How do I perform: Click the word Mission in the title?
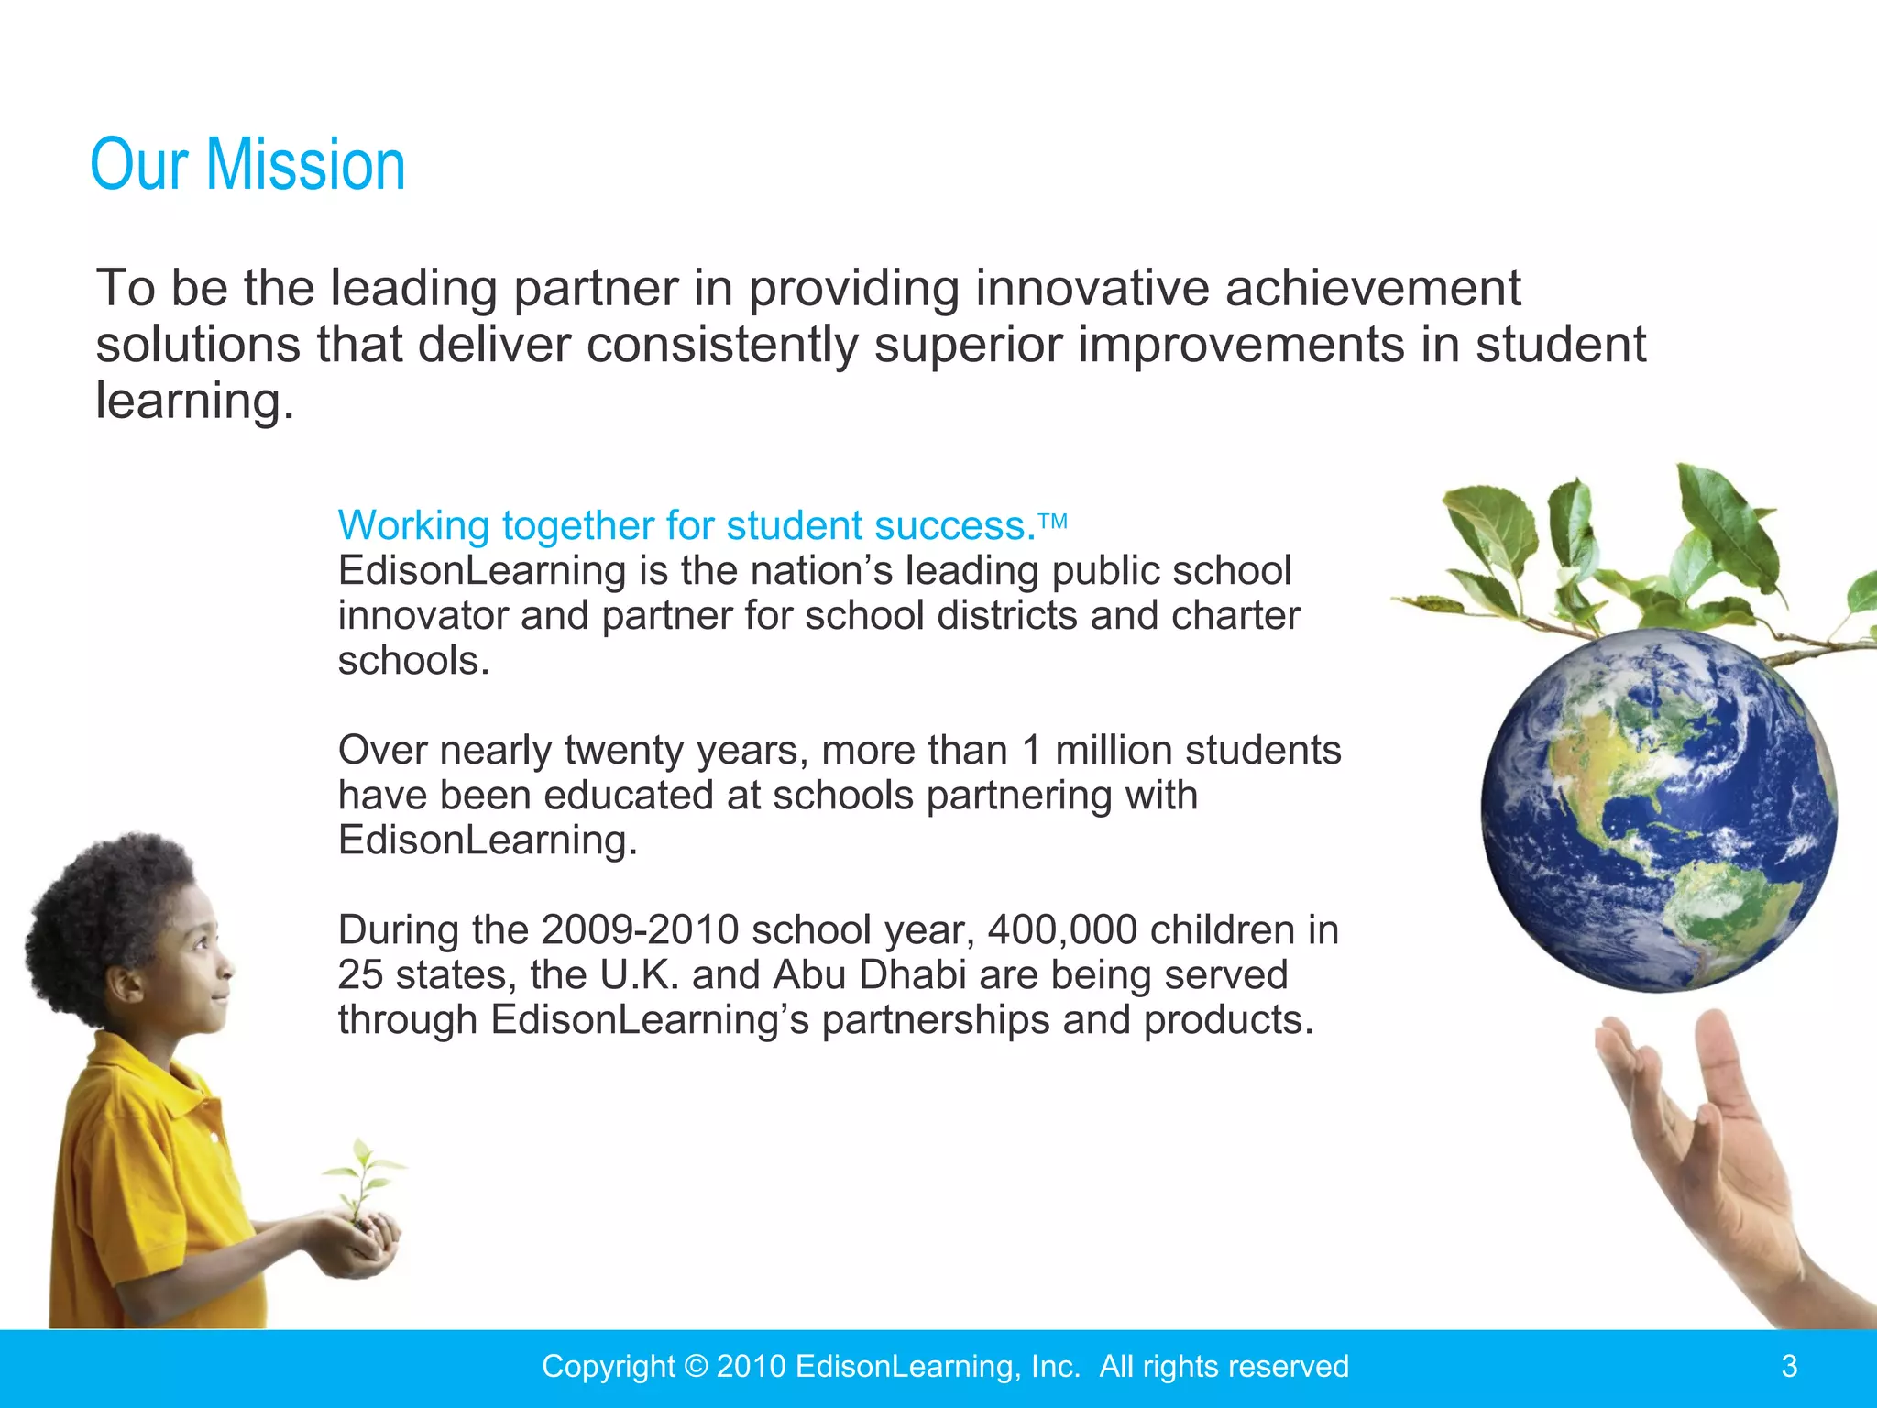click(x=305, y=165)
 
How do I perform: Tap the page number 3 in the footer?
click(x=1789, y=1366)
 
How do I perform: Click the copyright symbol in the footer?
click(x=696, y=1366)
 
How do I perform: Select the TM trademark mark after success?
click(x=1054, y=522)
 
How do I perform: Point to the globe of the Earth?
click(x=1659, y=811)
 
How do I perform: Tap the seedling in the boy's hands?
click(x=362, y=1182)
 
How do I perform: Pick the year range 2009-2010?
click(x=640, y=930)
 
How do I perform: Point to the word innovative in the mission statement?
click(x=1092, y=289)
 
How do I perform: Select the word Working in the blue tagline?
click(x=414, y=526)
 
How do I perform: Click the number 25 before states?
click(x=360, y=975)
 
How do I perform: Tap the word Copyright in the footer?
click(x=609, y=1367)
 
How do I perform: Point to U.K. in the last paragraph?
click(x=639, y=975)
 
